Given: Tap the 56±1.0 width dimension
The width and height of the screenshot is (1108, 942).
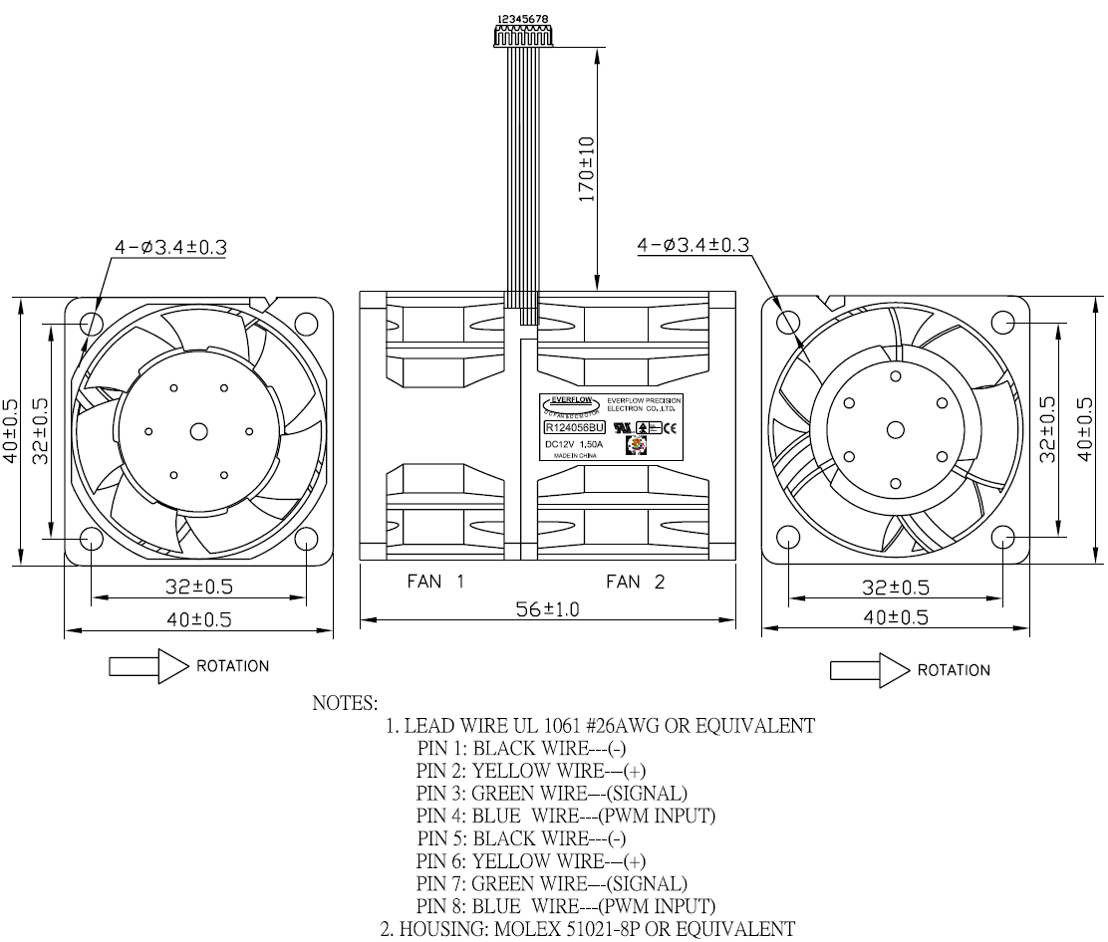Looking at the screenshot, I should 547,609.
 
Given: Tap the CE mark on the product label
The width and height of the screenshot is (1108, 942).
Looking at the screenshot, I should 671,427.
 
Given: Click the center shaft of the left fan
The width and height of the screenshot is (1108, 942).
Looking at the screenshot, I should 198,431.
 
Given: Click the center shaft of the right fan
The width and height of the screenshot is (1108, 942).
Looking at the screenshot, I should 896,429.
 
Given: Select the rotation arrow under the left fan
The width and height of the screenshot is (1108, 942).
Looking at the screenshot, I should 148,666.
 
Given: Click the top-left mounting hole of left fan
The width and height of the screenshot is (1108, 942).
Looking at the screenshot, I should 91,323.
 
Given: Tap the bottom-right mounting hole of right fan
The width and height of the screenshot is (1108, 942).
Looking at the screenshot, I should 1003,538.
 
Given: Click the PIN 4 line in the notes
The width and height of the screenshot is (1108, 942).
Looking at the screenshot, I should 566,817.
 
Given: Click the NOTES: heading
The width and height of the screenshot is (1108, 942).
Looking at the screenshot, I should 345,703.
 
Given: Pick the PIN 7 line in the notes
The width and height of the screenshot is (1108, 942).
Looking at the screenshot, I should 552,883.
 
